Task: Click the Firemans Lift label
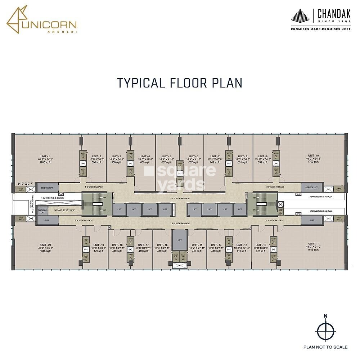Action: [42, 211]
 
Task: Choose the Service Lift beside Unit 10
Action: [312, 188]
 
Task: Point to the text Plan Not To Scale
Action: [325, 347]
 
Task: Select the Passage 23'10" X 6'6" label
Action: [64, 210]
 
